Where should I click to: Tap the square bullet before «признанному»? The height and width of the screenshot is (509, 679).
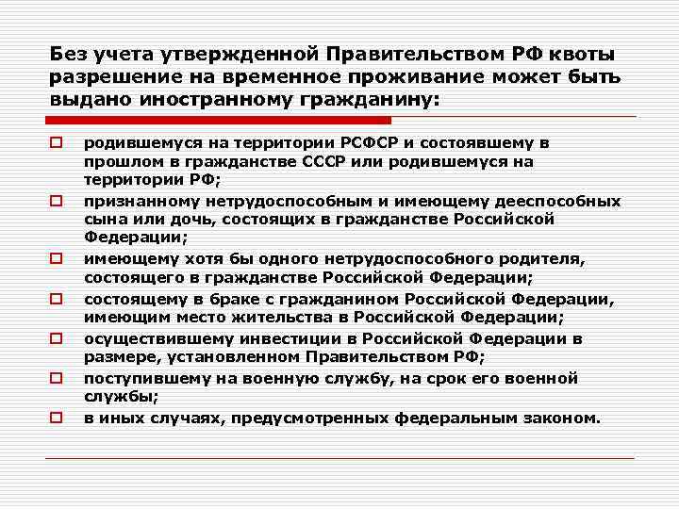pyautogui.click(x=57, y=201)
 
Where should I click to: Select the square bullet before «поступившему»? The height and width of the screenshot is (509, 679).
pyautogui.click(x=57, y=378)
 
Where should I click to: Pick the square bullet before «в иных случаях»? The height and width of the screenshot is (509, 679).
pyautogui.click(x=57, y=417)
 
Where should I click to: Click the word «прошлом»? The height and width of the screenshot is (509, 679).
pyautogui.click(x=116, y=161)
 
